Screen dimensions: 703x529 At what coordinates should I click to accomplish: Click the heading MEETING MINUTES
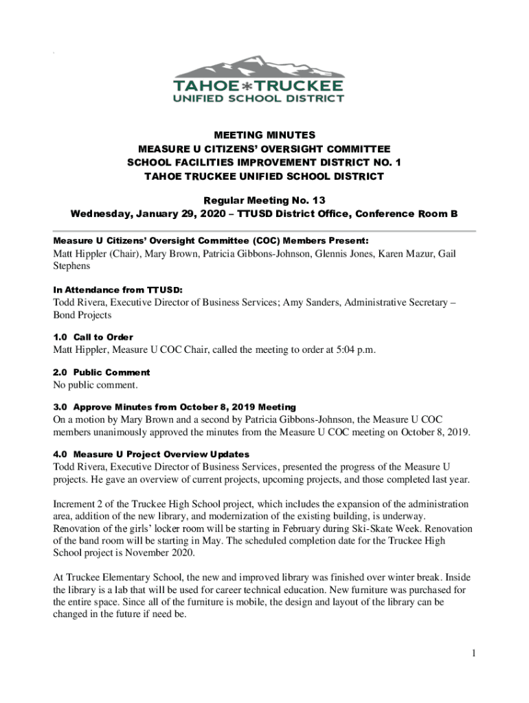point(264,135)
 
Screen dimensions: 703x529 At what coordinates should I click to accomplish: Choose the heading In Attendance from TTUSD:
point(118,290)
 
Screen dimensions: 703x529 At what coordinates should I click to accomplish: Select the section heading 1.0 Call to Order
point(93,337)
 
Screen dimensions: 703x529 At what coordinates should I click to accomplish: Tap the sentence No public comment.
point(91,385)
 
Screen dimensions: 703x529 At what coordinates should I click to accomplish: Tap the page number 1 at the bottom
point(473,653)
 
